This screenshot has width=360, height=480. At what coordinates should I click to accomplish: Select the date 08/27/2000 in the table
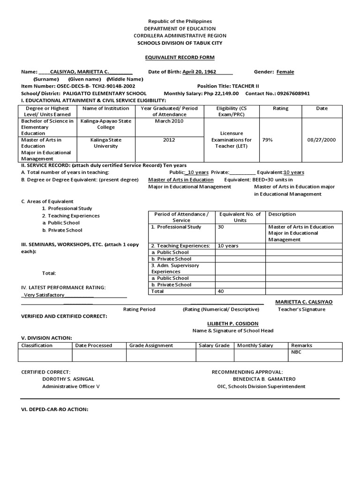click(x=322, y=140)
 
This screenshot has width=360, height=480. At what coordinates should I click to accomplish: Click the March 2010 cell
click(x=169, y=121)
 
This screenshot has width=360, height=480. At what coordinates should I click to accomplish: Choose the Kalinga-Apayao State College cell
click(x=105, y=124)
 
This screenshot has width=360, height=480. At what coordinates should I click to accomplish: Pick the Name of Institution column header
click(x=105, y=108)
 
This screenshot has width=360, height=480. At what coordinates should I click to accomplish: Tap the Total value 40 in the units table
click(x=222, y=291)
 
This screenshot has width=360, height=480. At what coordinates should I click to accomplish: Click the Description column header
click(x=282, y=214)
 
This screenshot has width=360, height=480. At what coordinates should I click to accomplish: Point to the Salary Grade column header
click(x=214, y=345)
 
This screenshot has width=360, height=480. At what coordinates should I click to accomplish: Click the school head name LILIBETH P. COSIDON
click(x=232, y=324)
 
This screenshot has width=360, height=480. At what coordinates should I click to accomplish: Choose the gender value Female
click(x=285, y=72)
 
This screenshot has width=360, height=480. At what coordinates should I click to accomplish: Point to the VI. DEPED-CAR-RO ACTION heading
click(x=55, y=409)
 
